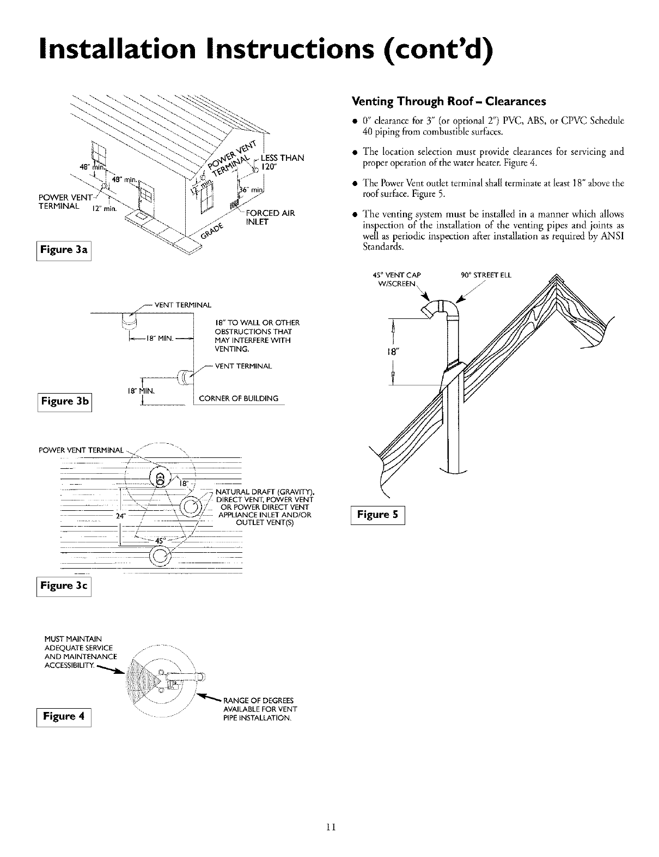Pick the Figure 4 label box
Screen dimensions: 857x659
[64, 716]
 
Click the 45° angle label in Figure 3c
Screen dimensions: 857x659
[160, 541]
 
